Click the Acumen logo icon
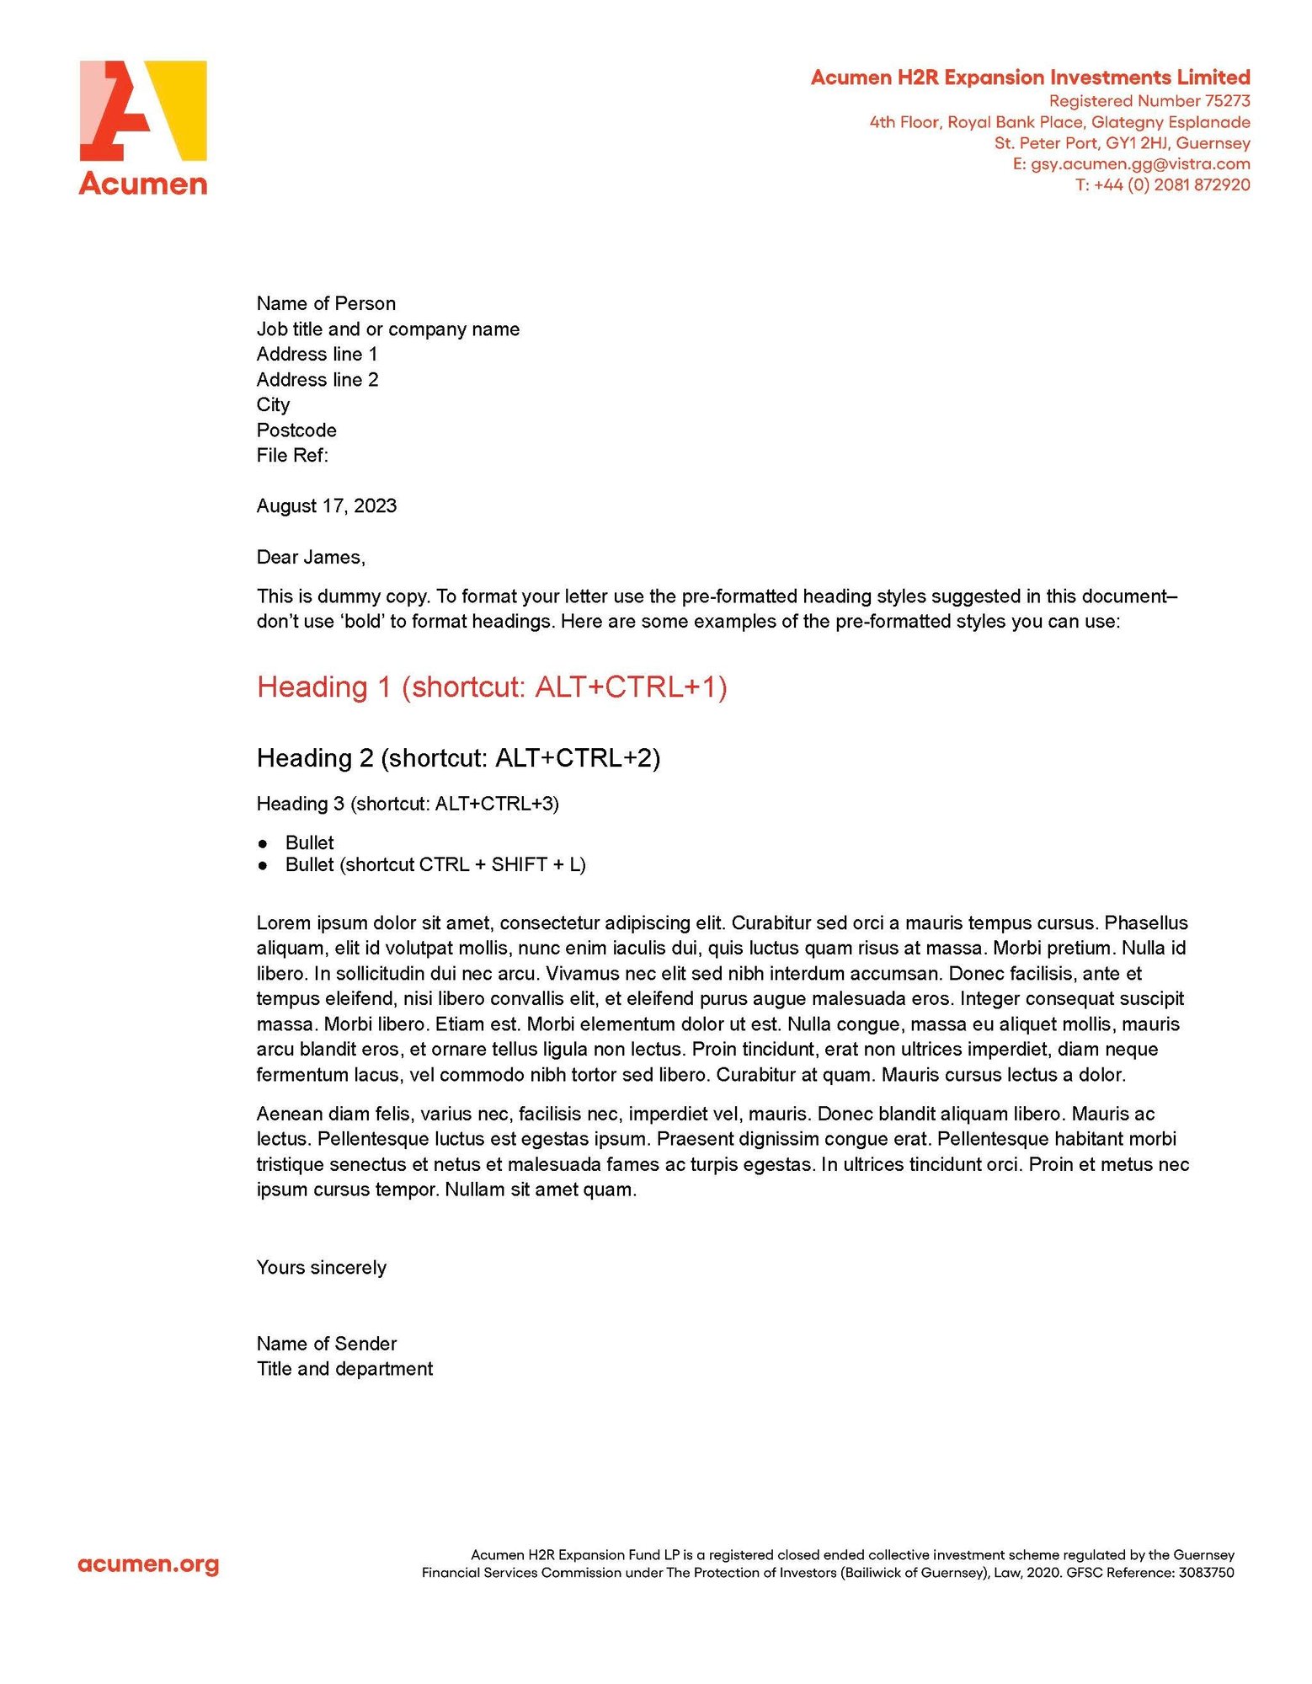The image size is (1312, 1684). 142,110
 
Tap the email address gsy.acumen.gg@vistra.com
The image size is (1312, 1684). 1140,164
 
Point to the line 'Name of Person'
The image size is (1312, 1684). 326,303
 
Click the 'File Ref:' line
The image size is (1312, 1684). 292,456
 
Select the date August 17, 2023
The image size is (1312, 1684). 327,506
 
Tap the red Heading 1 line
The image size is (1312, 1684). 492,687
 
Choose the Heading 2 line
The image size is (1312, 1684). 458,758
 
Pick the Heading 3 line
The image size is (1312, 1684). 408,804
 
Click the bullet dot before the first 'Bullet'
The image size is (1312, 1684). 264,843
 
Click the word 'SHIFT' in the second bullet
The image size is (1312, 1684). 520,865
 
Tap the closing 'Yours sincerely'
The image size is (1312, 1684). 322,1268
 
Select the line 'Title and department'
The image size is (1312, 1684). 344,1369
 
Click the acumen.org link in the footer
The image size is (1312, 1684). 148,1564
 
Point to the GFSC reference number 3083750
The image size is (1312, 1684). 1206,1573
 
